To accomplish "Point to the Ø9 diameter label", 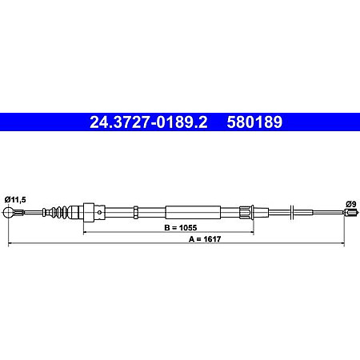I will pos(349,204).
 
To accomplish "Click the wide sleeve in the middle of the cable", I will pos(191,212).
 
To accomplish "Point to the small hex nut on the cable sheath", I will pos(137,212).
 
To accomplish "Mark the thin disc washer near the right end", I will pos(294,212).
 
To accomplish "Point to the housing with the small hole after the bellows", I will pos(91,212).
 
